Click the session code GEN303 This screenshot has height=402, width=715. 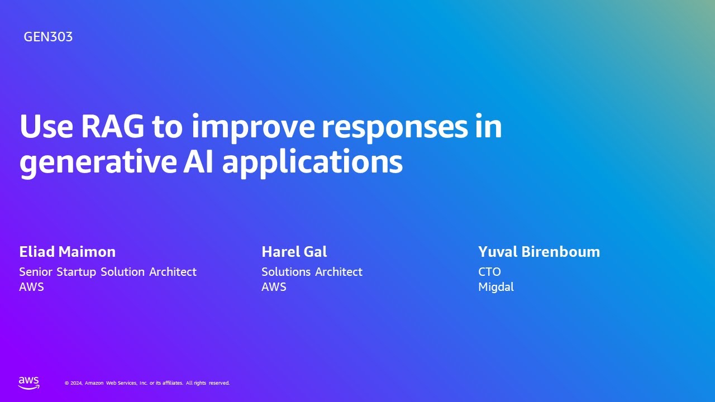pyautogui.click(x=48, y=37)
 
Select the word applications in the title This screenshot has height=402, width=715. pyautogui.click(x=312, y=162)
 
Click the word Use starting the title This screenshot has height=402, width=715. pyautogui.click(x=46, y=127)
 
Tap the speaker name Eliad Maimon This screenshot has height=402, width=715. pyautogui.click(x=67, y=252)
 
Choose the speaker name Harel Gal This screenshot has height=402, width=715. pyautogui.click(x=294, y=252)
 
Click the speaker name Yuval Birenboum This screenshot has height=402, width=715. pyautogui.click(x=538, y=252)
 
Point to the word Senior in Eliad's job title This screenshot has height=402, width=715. pyautogui.click(x=36, y=272)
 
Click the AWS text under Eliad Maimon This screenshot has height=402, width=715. pyautogui.click(x=31, y=287)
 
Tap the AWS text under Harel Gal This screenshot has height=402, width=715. pyautogui.click(x=274, y=287)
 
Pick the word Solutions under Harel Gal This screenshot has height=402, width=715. pyautogui.click(x=286, y=272)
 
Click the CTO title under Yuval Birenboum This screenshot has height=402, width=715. pyautogui.click(x=489, y=272)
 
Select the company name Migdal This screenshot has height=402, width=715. pyautogui.click(x=495, y=287)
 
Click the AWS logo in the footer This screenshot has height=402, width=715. pyautogui.click(x=29, y=382)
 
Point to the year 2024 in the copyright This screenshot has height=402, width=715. pyautogui.click(x=76, y=383)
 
